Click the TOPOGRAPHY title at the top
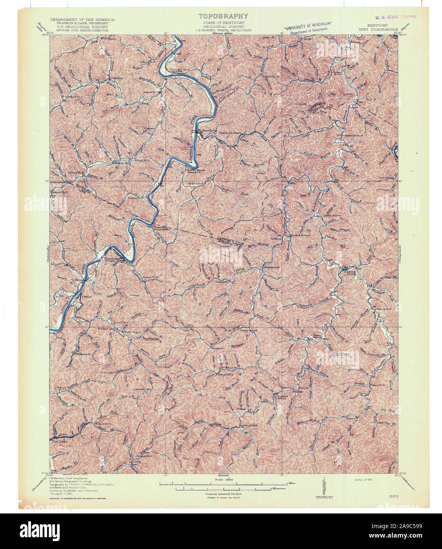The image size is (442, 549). (x=223, y=16)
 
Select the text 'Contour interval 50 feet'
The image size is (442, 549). (x=223, y=494)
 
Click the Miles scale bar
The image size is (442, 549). (x=223, y=483)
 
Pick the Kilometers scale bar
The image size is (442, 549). (x=223, y=489)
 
